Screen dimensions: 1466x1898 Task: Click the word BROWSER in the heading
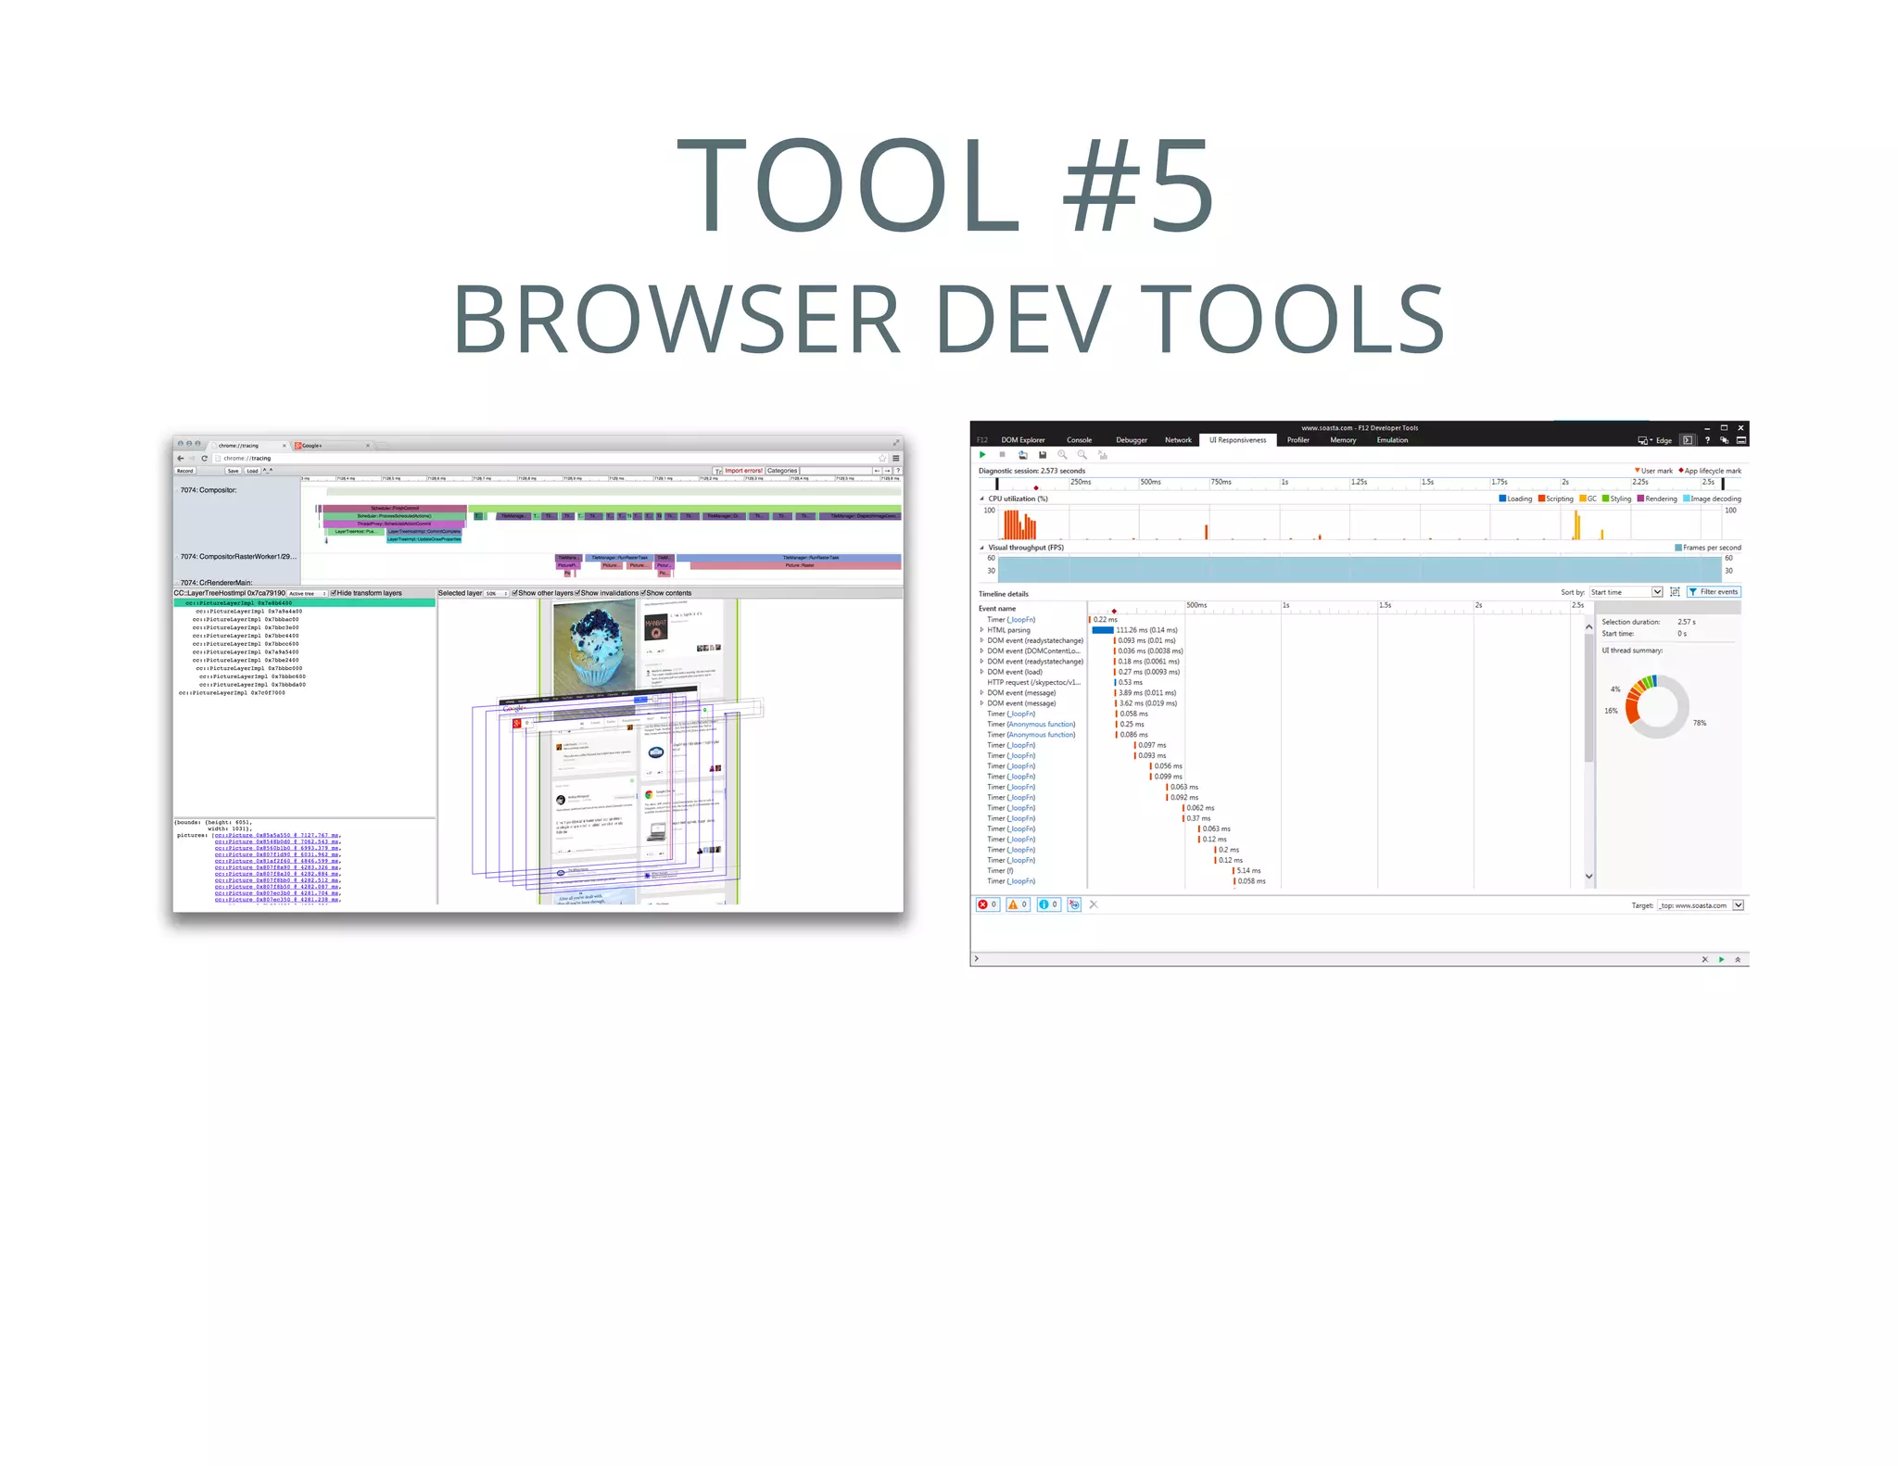tap(676, 319)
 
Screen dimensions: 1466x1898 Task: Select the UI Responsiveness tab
tap(1237, 440)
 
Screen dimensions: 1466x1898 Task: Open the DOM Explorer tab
tap(1022, 440)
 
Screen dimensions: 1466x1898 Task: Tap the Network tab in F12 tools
tap(1178, 440)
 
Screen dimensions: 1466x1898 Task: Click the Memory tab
tap(1343, 440)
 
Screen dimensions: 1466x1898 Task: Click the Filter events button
tap(1714, 592)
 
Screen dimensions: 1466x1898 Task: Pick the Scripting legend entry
tap(1557, 499)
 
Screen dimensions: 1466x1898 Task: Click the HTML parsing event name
tap(1008, 630)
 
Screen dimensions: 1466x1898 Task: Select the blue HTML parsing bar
tap(1103, 630)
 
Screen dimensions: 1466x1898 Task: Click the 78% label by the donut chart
tap(1699, 723)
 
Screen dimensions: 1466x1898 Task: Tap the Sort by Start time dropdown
tap(1626, 592)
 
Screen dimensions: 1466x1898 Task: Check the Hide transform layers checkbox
tap(334, 593)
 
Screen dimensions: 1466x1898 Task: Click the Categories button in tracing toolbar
tap(781, 471)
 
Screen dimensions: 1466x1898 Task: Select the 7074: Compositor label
tap(209, 490)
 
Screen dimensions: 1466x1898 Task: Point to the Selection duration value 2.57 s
tap(1686, 622)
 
